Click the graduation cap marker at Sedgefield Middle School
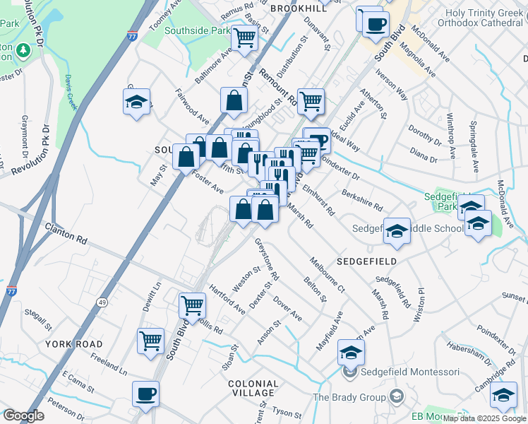397,230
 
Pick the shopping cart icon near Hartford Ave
192,306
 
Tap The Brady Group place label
350,397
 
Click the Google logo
23,416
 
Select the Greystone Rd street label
267,257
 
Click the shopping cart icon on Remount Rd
311,102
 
